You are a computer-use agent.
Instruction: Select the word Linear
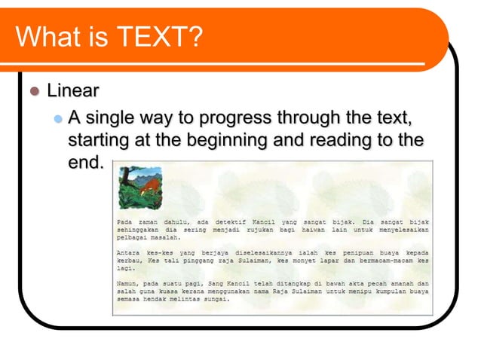click(x=73, y=92)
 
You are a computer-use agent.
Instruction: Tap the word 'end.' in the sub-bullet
click(x=84, y=162)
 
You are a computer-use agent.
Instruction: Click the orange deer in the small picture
click(x=149, y=183)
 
